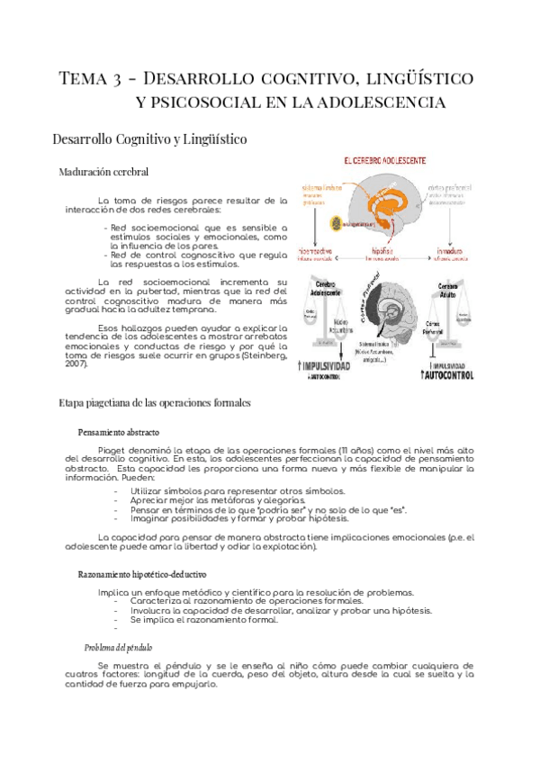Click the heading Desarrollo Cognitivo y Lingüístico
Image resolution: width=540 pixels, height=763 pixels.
(x=150, y=139)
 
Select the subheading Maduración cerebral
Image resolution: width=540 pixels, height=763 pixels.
(x=103, y=171)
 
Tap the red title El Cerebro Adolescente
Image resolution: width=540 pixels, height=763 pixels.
(x=384, y=160)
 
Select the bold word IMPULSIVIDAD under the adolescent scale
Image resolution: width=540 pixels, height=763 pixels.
(x=335, y=366)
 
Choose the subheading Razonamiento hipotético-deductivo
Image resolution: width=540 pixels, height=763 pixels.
(x=142, y=573)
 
